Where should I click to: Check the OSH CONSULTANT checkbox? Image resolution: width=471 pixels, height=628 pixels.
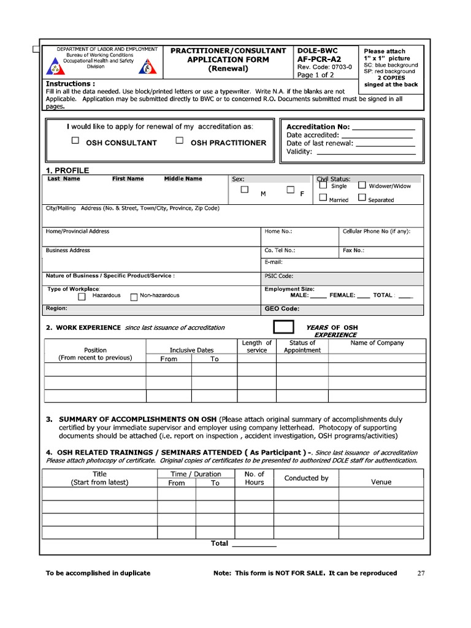[x=75, y=140]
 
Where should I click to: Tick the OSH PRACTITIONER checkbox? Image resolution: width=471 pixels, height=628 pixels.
[x=179, y=140]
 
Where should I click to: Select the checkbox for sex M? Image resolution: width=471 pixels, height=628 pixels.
[x=244, y=190]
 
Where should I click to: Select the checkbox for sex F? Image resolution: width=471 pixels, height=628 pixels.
[x=291, y=190]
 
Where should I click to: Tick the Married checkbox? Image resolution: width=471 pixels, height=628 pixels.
[x=323, y=197]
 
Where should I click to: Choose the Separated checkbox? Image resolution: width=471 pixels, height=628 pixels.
[x=362, y=197]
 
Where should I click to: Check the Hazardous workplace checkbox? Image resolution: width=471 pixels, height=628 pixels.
[x=82, y=297]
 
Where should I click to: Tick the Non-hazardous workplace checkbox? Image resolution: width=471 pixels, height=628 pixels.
[x=134, y=297]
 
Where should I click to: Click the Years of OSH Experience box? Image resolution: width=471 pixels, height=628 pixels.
[x=283, y=327]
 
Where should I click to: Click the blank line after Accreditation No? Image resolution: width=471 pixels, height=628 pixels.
[x=384, y=128]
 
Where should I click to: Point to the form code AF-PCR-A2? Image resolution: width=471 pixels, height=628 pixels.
[x=319, y=59]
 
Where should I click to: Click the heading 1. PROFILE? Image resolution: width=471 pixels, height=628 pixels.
[x=67, y=170]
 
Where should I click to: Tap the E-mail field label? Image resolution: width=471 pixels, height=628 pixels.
[x=274, y=262]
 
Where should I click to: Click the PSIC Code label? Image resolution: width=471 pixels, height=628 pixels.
[x=279, y=276]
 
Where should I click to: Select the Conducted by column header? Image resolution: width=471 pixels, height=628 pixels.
[x=306, y=478]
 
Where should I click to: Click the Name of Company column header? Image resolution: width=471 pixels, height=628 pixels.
[x=377, y=343]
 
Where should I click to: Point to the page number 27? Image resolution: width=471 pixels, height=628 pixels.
[x=421, y=573]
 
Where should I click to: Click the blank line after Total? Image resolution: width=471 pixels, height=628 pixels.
[x=254, y=545]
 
